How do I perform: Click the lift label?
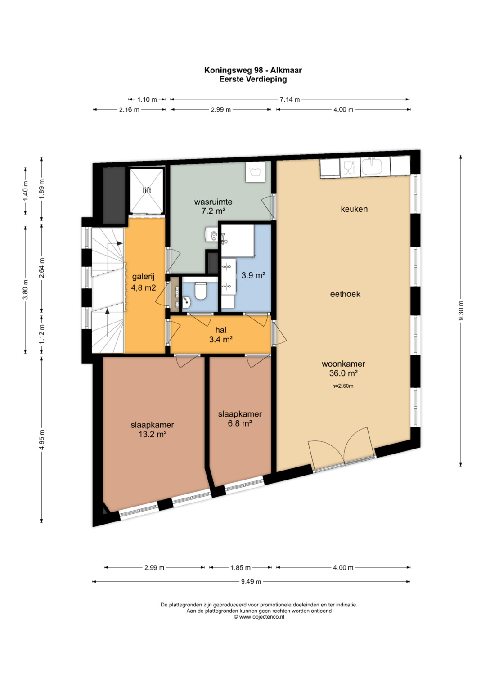click(x=147, y=190)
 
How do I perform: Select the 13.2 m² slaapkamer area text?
click(x=153, y=434)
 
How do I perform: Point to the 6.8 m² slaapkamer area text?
click(x=240, y=423)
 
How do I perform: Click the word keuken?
click(x=354, y=209)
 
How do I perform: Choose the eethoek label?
click(x=345, y=294)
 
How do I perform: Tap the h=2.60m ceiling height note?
click(x=343, y=386)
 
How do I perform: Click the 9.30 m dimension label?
click(x=460, y=311)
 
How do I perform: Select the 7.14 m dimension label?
click(x=290, y=99)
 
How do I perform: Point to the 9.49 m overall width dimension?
click(x=251, y=581)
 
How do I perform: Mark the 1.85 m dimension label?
click(x=241, y=567)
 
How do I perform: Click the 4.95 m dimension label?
click(x=42, y=440)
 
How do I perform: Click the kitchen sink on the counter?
click(x=372, y=166)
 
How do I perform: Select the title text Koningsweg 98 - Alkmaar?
click(x=253, y=70)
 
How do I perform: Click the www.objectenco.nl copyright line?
click(x=259, y=617)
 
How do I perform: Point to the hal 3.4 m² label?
click(x=220, y=335)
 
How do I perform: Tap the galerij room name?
click(x=143, y=277)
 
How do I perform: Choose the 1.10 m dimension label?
click(x=147, y=99)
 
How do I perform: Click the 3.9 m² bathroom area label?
click(x=253, y=275)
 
